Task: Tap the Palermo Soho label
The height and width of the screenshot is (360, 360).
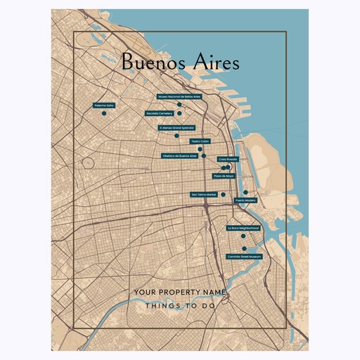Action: coord(103,105)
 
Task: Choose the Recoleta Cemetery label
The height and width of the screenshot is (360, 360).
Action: coord(160,113)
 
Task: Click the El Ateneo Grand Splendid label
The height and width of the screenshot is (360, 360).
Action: coord(176,128)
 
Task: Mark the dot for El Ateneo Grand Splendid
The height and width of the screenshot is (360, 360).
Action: coord(176,136)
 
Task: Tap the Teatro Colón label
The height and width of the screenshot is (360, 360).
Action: coord(200,141)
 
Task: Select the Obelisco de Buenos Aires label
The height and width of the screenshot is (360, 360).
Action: coord(179,155)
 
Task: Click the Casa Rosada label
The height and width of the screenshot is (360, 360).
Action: coord(227,160)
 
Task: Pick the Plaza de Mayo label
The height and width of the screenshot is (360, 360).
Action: coord(224,176)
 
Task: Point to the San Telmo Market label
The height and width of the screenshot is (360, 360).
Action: coord(203,194)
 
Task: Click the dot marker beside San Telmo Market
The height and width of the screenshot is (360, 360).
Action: coord(223,194)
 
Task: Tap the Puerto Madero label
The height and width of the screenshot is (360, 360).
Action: coord(245,200)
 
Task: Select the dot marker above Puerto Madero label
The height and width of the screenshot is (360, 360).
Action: coord(245,192)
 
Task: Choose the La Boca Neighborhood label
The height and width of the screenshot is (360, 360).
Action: coord(243,229)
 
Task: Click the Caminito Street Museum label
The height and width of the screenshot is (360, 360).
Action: coord(244,257)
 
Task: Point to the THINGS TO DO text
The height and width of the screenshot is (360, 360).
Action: coord(180,306)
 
